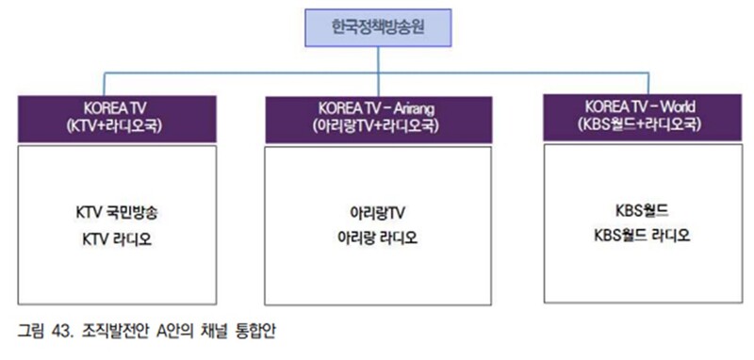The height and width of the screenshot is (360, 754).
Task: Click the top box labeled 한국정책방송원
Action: (x=378, y=28)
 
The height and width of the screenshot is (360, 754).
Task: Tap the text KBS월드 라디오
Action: (x=640, y=235)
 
